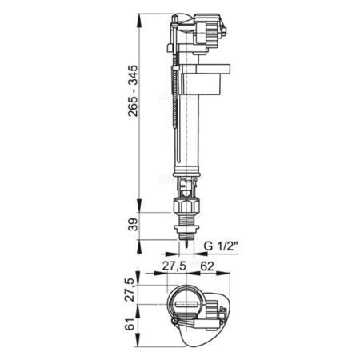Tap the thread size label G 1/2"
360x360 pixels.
click(x=222, y=246)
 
